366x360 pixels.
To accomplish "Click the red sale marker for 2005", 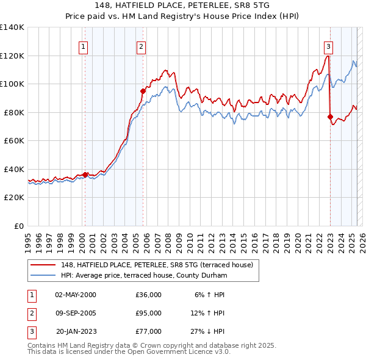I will pyautogui.click(x=143, y=91).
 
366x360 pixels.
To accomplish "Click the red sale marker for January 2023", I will pyautogui.click(x=330, y=117).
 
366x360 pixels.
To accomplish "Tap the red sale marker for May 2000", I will pyautogui.click(x=85, y=175).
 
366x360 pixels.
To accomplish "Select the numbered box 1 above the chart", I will pyautogui.click(x=82, y=46).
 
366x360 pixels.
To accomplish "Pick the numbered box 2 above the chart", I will pyautogui.click(x=141, y=46).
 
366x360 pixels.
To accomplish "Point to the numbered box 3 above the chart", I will pyautogui.click(x=328, y=46).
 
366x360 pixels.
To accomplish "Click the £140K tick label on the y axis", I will pyautogui.click(x=12, y=27).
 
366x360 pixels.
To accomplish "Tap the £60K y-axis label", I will pyautogui.click(x=14, y=141).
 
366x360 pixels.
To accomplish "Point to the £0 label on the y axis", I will pyautogui.click(x=19, y=226).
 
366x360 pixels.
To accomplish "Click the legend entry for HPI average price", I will pyautogui.click(x=143, y=276).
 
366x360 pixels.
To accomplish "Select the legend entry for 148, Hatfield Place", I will pyautogui.click(x=160, y=264).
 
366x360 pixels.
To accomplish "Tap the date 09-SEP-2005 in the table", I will pyautogui.click(x=76, y=313).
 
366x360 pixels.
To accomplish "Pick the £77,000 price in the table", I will pyautogui.click(x=148, y=331).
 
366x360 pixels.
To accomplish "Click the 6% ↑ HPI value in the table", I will pyautogui.click(x=209, y=295).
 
